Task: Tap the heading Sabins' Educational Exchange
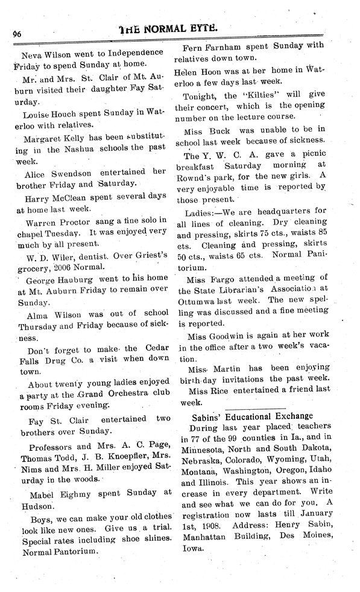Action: coord(252,416)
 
